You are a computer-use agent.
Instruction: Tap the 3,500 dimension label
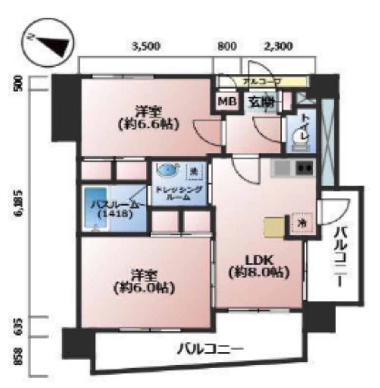(x=146, y=46)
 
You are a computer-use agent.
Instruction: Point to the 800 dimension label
(x=227, y=46)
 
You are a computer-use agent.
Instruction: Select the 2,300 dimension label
(x=278, y=46)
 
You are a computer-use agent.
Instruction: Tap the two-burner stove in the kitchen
(x=305, y=168)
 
